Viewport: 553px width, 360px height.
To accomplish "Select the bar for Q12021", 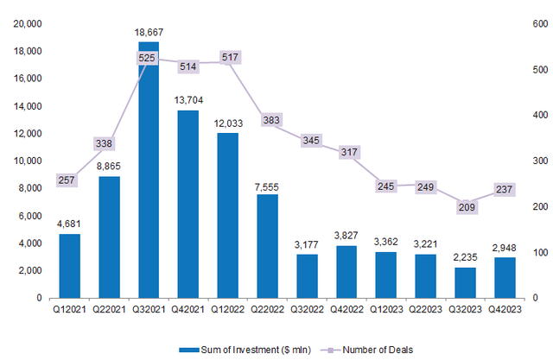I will [x=69, y=266].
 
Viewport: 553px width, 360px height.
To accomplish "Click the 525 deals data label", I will [x=149, y=58].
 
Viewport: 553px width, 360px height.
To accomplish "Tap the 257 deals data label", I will [x=69, y=180].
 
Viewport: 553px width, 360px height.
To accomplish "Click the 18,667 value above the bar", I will [x=149, y=33].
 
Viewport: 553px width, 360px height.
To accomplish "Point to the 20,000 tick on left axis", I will [x=27, y=23].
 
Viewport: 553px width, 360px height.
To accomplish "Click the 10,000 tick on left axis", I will [x=27, y=161].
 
